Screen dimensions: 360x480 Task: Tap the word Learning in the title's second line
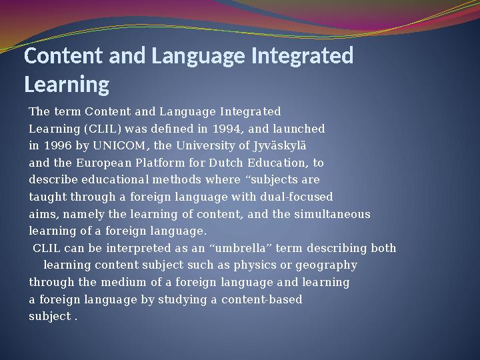coord(67,85)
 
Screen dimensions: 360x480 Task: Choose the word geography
coord(326,265)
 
